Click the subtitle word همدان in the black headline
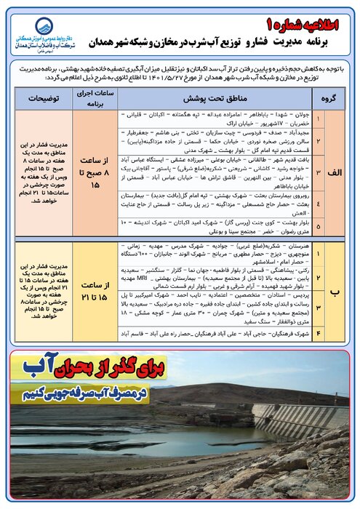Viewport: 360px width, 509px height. point(130,41)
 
